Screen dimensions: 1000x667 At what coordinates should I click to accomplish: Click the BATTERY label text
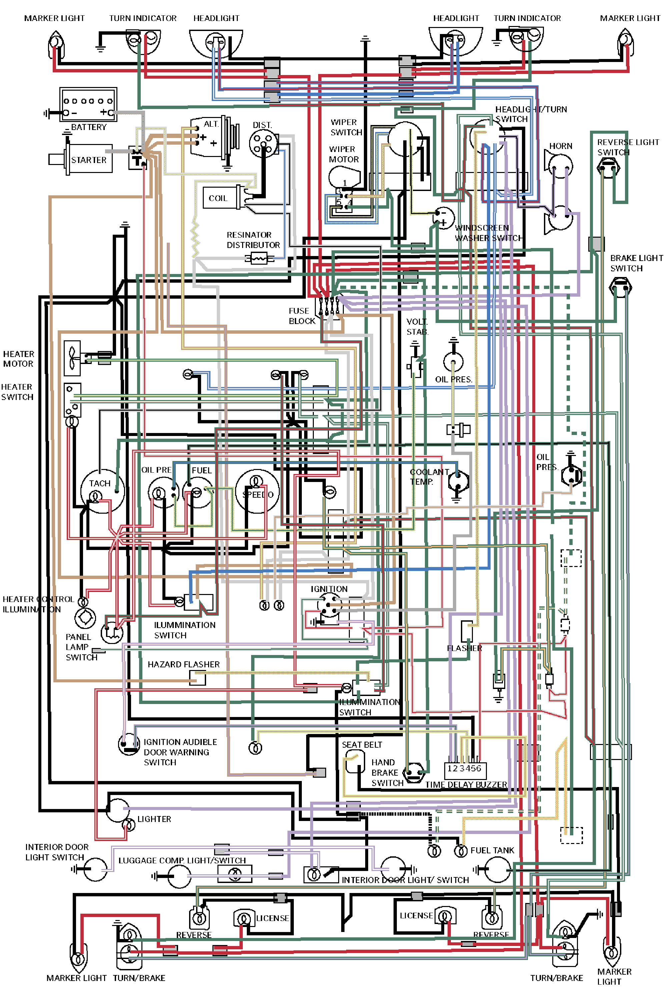(x=88, y=127)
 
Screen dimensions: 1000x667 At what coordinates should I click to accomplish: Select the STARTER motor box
(x=88, y=159)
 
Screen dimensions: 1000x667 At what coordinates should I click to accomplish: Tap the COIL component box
(x=219, y=198)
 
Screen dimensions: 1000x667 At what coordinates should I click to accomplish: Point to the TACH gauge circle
(x=102, y=491)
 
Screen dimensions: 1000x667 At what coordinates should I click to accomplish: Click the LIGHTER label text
(x=154, y=819)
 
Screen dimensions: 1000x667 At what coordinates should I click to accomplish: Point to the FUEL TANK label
(x=492, y=850)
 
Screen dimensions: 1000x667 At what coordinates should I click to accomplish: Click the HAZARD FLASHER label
(x=183, y=664)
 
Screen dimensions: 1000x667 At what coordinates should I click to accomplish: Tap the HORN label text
(x=560, y=146)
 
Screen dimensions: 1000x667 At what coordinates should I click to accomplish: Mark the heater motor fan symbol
(x=72, y=358)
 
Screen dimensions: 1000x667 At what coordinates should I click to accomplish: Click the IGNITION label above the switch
(x=329, y=589)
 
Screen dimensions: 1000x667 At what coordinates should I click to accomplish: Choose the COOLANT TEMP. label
(x=429, y=477)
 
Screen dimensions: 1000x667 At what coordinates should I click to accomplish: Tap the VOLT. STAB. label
(x=417, y=327)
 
